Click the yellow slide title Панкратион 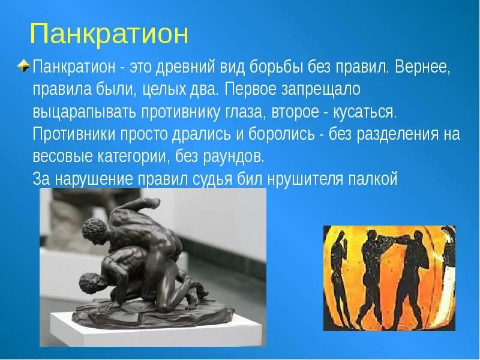[x=109, y=34]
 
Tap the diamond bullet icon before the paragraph [x=23, y=65]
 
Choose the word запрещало [x=318, y=89]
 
